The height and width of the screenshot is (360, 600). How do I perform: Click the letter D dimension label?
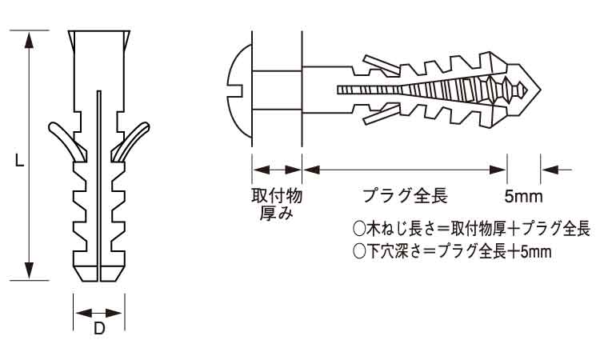click(x=99, y=328)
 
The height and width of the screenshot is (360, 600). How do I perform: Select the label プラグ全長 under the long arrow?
click(x=404, y=196)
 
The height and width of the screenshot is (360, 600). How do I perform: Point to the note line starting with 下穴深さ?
click(x=452, y=251)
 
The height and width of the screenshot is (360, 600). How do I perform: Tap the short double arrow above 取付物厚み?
click(x=277, y=169)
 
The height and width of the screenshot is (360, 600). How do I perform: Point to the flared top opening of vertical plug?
click(x=99, y=39)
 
